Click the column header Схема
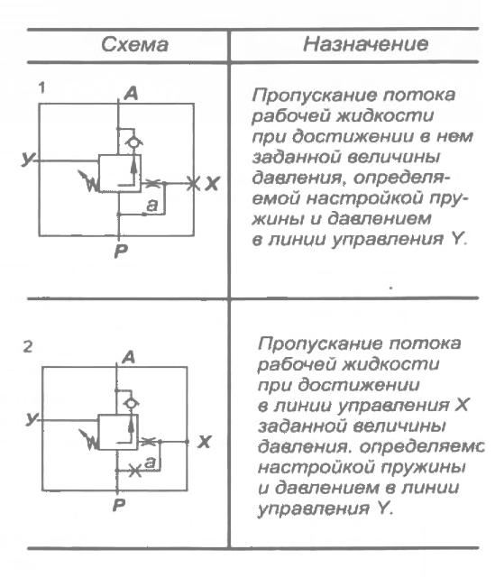125,43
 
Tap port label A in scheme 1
131,93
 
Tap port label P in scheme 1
119,252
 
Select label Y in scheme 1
29,159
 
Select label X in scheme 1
211,184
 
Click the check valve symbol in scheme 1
133,141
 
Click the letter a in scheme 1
151,206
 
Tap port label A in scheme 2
128,357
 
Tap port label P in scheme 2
117,505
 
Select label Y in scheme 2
32,418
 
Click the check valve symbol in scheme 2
132,400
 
